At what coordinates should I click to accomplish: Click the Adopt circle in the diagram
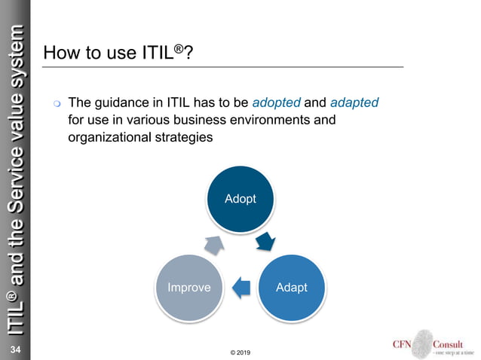pyautogui.click(x=240, y=199)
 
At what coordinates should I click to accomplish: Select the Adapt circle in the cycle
pyautogui.click(x=291, y=288)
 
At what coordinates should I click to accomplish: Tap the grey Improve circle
pyautogui.click(x=188, y=288)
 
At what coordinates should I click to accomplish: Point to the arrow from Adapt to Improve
pyautogui.click(x=240, y=285)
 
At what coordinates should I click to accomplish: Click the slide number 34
pyautogui.click(x=14, y=350)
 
